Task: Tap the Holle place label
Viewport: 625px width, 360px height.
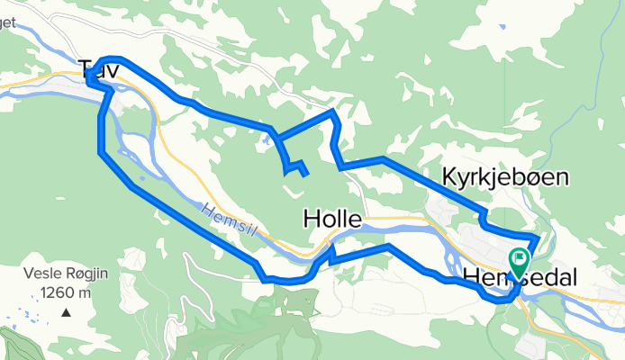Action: point(332,219)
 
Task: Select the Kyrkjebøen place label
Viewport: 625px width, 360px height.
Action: point(505,178)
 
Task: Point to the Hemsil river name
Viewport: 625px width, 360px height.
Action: point(230,219)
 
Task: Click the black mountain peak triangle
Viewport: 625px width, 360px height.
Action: point(66,312)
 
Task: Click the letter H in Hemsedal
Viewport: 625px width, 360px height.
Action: point(474,276)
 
